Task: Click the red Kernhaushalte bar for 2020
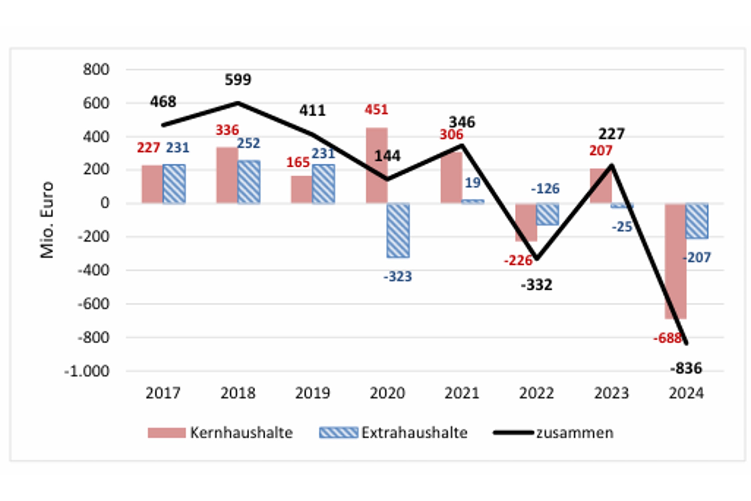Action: (x=377, y=165)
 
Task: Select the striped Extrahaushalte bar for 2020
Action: (x=398, y=230)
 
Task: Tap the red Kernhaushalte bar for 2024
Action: (x=675, y=261)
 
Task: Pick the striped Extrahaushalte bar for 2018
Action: (x=249, y=182)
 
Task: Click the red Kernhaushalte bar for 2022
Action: (x=526, y=222)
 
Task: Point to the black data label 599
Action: (x=238, y=80)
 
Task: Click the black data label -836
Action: (x=686, y=368)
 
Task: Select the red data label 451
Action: (x=376, y=110)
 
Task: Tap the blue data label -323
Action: (x=398, y=277)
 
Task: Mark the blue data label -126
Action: (x=545, y=189)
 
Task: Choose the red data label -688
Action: (x=667, y=338)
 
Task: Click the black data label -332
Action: (x=536, y=285)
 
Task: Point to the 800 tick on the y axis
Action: (x=96, y=70)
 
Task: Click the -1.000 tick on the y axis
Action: (x=87, y=371)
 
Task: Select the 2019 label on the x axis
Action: (x=312, y=393)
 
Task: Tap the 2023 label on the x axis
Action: (x=611, y=393)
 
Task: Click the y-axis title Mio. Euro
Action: (x=47, y=220)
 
